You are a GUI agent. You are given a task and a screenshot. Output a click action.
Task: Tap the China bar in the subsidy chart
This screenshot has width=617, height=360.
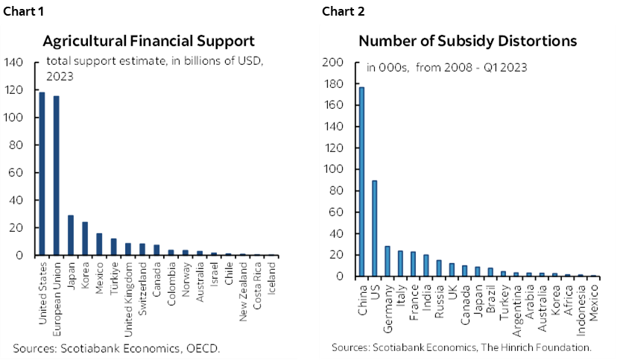coord(361,182)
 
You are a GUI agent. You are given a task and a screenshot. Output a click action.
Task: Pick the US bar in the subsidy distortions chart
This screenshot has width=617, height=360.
coord(374,228)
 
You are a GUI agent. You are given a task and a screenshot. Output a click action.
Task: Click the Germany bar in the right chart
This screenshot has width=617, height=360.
coord(387,261)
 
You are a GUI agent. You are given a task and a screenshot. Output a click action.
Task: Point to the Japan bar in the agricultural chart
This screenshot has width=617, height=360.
coord(70,236)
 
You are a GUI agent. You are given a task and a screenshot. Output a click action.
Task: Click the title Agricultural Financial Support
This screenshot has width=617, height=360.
coord(148,40)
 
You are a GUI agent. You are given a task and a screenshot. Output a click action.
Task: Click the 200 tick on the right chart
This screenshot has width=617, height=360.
coord(332,63)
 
